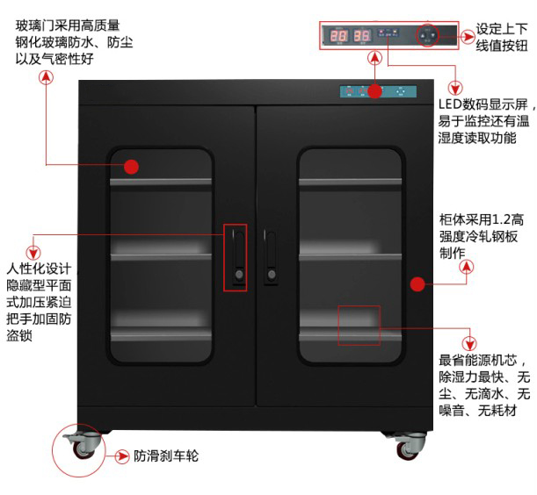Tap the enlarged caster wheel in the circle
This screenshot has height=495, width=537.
pos(84,445)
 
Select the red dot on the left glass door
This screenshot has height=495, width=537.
pos(132,166)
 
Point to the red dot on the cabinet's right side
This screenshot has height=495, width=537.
pos(417,283)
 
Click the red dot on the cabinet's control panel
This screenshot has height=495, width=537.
pos(375,90)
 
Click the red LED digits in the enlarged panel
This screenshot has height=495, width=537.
pos(350,36)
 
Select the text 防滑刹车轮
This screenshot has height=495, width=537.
pos(166,456)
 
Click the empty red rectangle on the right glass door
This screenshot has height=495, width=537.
pos(359,325)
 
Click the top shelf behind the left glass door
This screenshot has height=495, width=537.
pos(161,182)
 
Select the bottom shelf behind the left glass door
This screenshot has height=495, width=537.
pos(161,334)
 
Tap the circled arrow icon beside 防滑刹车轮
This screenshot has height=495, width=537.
pos(123,456)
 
